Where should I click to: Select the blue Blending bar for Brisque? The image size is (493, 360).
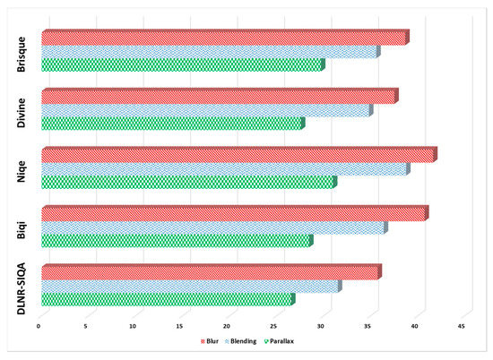coord(209,52)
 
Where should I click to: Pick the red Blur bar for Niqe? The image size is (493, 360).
coord(238,155)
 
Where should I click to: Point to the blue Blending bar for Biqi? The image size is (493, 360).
coord(213,227)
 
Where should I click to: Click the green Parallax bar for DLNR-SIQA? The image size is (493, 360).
coord(166,299)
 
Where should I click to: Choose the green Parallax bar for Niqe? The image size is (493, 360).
coord(188,183)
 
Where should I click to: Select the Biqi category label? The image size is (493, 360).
coord(21,227)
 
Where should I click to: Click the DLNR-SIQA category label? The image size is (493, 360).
coord(21,284)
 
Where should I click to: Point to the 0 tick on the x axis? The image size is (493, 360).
coord(39,326)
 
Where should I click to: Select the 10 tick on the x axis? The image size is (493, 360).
coord(133,326)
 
